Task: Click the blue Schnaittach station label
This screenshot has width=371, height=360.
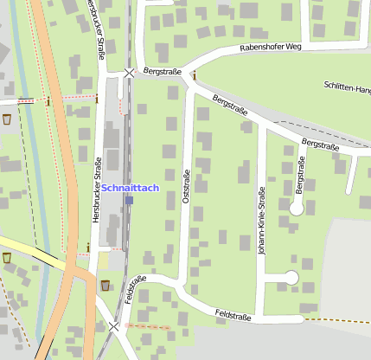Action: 130,188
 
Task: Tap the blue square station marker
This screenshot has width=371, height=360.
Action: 129,200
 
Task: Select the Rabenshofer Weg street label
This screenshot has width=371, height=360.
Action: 270,48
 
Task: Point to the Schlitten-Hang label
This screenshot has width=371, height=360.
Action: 347,87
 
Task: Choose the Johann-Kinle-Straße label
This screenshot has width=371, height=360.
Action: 261,220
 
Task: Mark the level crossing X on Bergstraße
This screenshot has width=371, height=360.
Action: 129,74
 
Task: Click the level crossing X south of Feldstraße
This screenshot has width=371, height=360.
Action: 114,326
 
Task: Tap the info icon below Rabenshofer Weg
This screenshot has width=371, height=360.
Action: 194,75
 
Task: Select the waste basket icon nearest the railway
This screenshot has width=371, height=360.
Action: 106,285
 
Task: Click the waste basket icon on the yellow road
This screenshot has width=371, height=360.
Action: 7,257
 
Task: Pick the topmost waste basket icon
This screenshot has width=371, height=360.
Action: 7,119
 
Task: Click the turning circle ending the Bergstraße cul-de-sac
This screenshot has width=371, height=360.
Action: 297,209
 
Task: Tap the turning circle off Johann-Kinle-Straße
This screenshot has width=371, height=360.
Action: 291,277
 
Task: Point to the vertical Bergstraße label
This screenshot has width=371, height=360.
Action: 300,174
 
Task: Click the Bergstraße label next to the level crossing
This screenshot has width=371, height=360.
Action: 163,71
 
